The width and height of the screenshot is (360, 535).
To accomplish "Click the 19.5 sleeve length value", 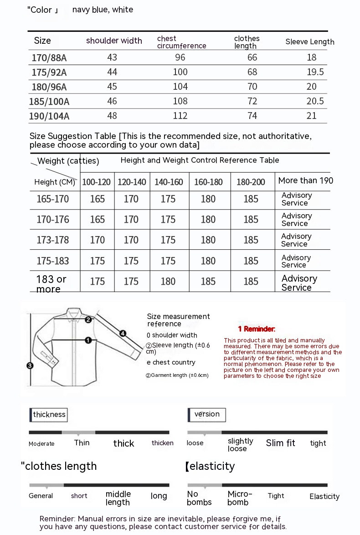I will [315, 72].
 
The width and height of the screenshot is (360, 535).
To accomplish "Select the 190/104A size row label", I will [49, 116].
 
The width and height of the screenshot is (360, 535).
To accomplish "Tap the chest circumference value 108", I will [180, 101].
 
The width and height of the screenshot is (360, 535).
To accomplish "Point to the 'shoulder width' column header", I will [114, 41].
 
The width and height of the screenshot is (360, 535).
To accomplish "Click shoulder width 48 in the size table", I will [112, 116].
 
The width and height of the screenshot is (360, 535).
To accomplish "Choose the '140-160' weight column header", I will [169, 182].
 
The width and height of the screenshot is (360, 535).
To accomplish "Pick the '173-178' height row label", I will [53, 240].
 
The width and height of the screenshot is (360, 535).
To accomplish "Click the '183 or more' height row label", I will [51, 283].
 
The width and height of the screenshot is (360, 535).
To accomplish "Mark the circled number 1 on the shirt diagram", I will [88, 340].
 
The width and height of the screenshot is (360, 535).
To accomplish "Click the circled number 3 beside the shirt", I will [30, 365].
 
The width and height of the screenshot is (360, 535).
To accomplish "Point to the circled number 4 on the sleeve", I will [123, 333].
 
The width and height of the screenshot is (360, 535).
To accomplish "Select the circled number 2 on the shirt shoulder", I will [88, 319].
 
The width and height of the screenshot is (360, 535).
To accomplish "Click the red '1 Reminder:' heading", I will [257, 329].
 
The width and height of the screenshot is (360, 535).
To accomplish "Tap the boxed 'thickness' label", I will [49, 414].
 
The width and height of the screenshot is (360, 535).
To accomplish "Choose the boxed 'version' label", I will [207, 414].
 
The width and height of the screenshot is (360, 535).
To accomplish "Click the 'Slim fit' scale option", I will [281, 443].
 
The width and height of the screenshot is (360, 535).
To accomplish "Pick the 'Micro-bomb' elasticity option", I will [240, 498].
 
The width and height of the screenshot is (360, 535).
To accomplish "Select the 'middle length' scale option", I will [118, 498].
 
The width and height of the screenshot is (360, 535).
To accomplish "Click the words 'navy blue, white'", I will [103, 10].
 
